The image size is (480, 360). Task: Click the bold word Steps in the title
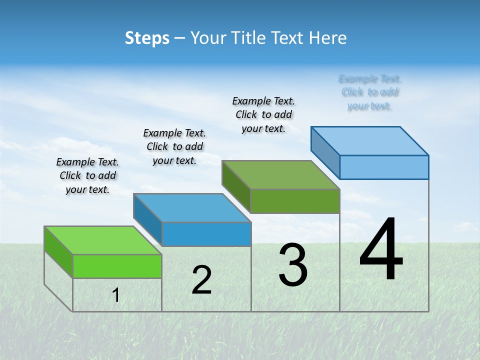[147, 38]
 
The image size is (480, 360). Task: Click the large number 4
[381, 250]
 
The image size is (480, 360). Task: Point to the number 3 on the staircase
[293, 265]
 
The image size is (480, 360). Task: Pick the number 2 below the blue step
[201, 280]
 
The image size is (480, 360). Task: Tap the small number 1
[116, 295]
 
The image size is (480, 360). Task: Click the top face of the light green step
[103, 240]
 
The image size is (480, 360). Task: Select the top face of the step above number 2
[192, 208]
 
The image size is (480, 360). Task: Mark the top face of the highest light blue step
[370, 141]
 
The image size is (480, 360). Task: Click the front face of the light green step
[117, 266]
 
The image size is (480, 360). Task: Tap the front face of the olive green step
[295, 201]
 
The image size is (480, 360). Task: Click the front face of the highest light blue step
[384, 167]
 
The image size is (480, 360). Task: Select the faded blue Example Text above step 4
[370, 92]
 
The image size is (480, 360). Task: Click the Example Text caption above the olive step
[263, 114]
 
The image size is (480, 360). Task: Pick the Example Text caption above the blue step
[174, 146]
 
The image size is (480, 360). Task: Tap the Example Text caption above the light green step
[87, 175]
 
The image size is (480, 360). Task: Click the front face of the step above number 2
[206, 234]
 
